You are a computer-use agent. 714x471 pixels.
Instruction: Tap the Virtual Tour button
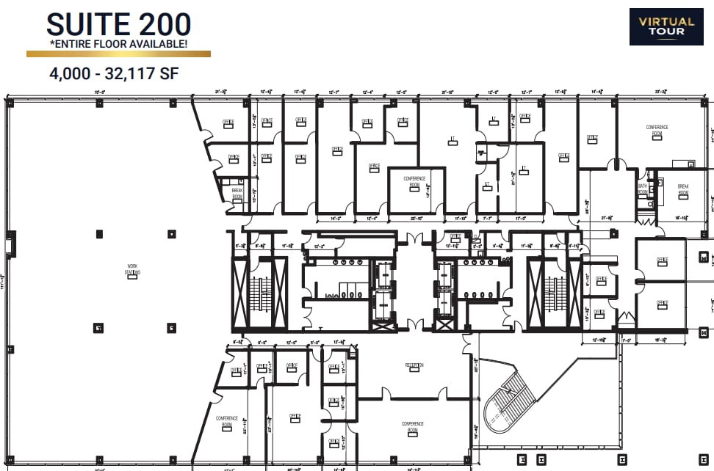click(x=666, y=27)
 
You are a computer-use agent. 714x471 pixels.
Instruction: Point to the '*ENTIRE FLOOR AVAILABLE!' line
click(x=118, y=45)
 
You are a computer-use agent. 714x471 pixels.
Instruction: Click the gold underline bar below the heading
click(x=118, y=54)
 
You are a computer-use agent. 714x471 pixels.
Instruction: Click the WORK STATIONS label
click(x=133, y=270)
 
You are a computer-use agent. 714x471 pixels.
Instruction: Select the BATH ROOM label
click(x=642, y=189)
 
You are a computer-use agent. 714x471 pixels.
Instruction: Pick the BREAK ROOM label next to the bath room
click(x=682, y=189)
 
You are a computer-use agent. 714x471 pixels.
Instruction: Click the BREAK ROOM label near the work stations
click(x=237, y=193)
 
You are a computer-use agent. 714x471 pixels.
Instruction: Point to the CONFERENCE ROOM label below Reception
click(x=412, y=425)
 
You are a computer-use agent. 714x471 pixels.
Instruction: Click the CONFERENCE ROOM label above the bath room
click(x=657, y=130)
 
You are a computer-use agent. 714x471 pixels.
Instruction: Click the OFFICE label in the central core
click(x=455, y=236)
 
